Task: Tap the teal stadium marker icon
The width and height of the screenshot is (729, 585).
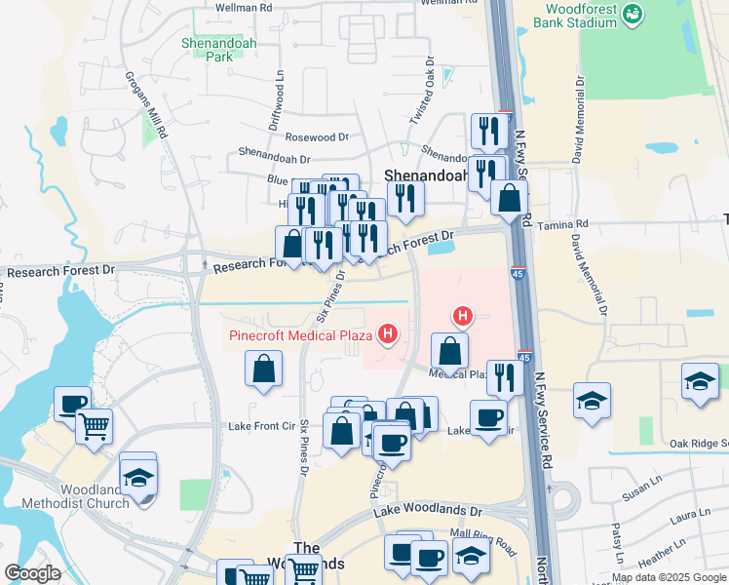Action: tap(633, 13)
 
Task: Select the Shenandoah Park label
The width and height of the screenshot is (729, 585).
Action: tap(207, 50)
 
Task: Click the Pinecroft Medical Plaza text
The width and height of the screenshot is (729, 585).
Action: tap(302, 336)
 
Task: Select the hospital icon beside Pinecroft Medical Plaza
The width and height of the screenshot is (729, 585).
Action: tap(389, 335)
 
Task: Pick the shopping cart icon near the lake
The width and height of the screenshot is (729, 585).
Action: tap(94, 424)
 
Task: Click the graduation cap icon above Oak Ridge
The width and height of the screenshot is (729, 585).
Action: tap(700, 380)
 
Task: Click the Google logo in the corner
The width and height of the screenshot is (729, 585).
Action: tap(32, 573)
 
